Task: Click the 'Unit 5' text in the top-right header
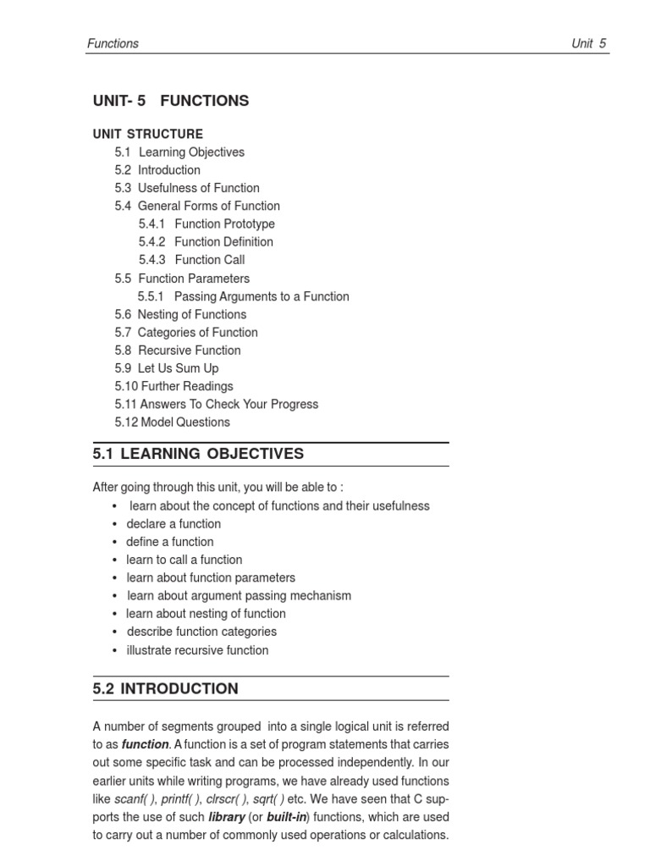588,43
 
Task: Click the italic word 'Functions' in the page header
113,43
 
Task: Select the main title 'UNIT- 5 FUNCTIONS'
171,101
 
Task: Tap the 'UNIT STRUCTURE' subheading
148,134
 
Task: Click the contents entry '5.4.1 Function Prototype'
207,224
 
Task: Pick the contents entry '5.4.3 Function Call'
192,260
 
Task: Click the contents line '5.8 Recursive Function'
178,351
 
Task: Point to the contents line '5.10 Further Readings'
174,386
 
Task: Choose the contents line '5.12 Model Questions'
172,422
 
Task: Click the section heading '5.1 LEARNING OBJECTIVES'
198,454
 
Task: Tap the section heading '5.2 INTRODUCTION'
166,688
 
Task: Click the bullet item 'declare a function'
174,524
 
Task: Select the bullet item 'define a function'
170,542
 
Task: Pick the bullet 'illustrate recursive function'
197,650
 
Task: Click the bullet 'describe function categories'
201,632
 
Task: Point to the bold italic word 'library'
227,817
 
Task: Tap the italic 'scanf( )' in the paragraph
136,799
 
